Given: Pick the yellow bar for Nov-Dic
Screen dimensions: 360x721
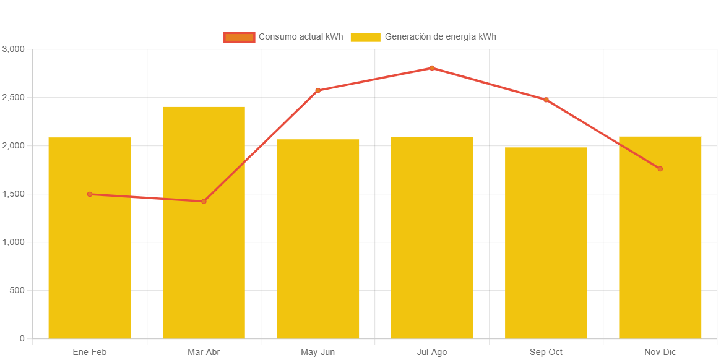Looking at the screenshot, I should click(660, 260).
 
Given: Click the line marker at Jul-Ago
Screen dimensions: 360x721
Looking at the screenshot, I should click(432, 68).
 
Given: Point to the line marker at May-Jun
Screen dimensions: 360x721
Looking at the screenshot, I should click(318, 90).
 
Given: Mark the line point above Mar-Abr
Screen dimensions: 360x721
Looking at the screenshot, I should click(204, 201).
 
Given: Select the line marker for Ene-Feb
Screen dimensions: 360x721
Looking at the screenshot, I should click(90, 194).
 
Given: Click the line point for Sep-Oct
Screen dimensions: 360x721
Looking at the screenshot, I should click(546, 100).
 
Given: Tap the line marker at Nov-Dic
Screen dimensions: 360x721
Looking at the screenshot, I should click(660, 169).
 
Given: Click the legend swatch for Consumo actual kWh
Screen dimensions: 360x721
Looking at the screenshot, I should click(240, 37).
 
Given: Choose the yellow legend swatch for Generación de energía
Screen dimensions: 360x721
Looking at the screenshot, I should click(365, 37).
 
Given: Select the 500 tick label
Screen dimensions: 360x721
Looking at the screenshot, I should click(17, 290).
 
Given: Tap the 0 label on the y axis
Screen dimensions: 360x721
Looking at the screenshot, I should click(22, 338).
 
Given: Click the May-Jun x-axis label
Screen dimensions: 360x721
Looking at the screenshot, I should click(318, 352).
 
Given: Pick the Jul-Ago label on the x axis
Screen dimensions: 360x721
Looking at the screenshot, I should click(432, 352).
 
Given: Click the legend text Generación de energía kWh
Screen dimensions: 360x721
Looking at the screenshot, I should click(440, 37).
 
